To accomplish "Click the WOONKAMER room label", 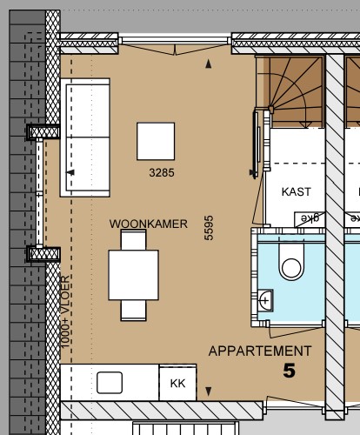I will click(x=149, y=224).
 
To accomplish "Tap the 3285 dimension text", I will click(x=162, y=173).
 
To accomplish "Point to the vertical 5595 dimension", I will click(x=209, y=228).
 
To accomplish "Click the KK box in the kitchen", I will click(x=177, y=383).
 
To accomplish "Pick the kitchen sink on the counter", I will click(x=110, y=382).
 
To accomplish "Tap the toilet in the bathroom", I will click(x=290, y=260).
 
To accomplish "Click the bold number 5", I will click(x=289, y=371).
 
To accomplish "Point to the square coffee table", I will click(x=157, y=141).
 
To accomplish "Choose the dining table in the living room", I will click(x=133, y=274).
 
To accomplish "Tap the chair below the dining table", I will click(x=133, y=308).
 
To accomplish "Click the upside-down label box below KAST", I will click(x=306, y=218).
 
